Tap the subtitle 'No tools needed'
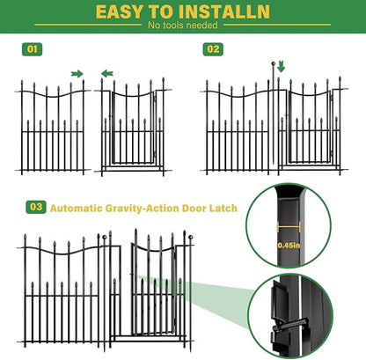(182, 26)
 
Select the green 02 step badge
(212, 49)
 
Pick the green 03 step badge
(36, 207)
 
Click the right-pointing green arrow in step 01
(77, 73)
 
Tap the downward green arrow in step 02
(281, 67)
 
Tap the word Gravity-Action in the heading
(140, 208)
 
